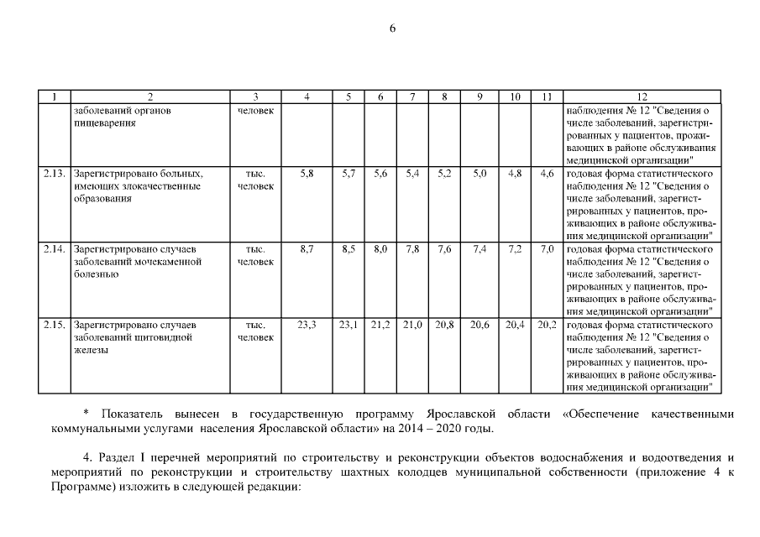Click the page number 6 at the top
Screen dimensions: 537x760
click(x=392, y=29)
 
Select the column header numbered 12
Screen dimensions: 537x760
click(x=642, y=97)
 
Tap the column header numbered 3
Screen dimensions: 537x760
click(x=255, y=97)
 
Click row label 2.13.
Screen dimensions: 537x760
click(x=55, y=174)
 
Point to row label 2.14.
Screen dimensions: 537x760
click(x=55, y=249)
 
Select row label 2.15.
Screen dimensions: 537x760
click(x=55, y=324)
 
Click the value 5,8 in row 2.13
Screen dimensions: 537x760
click(x=307, y=174)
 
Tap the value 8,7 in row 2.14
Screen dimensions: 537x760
click(x=307, y=249)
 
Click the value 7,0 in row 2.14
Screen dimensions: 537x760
click(x=547, y=249)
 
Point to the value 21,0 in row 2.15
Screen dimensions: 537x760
click(x=412, y=324)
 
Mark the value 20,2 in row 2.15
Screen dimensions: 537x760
click(x=547, y=324)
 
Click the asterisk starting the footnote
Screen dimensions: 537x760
click(x=86, y=414)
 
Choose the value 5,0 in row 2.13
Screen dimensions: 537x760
click(x=480, y=174)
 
